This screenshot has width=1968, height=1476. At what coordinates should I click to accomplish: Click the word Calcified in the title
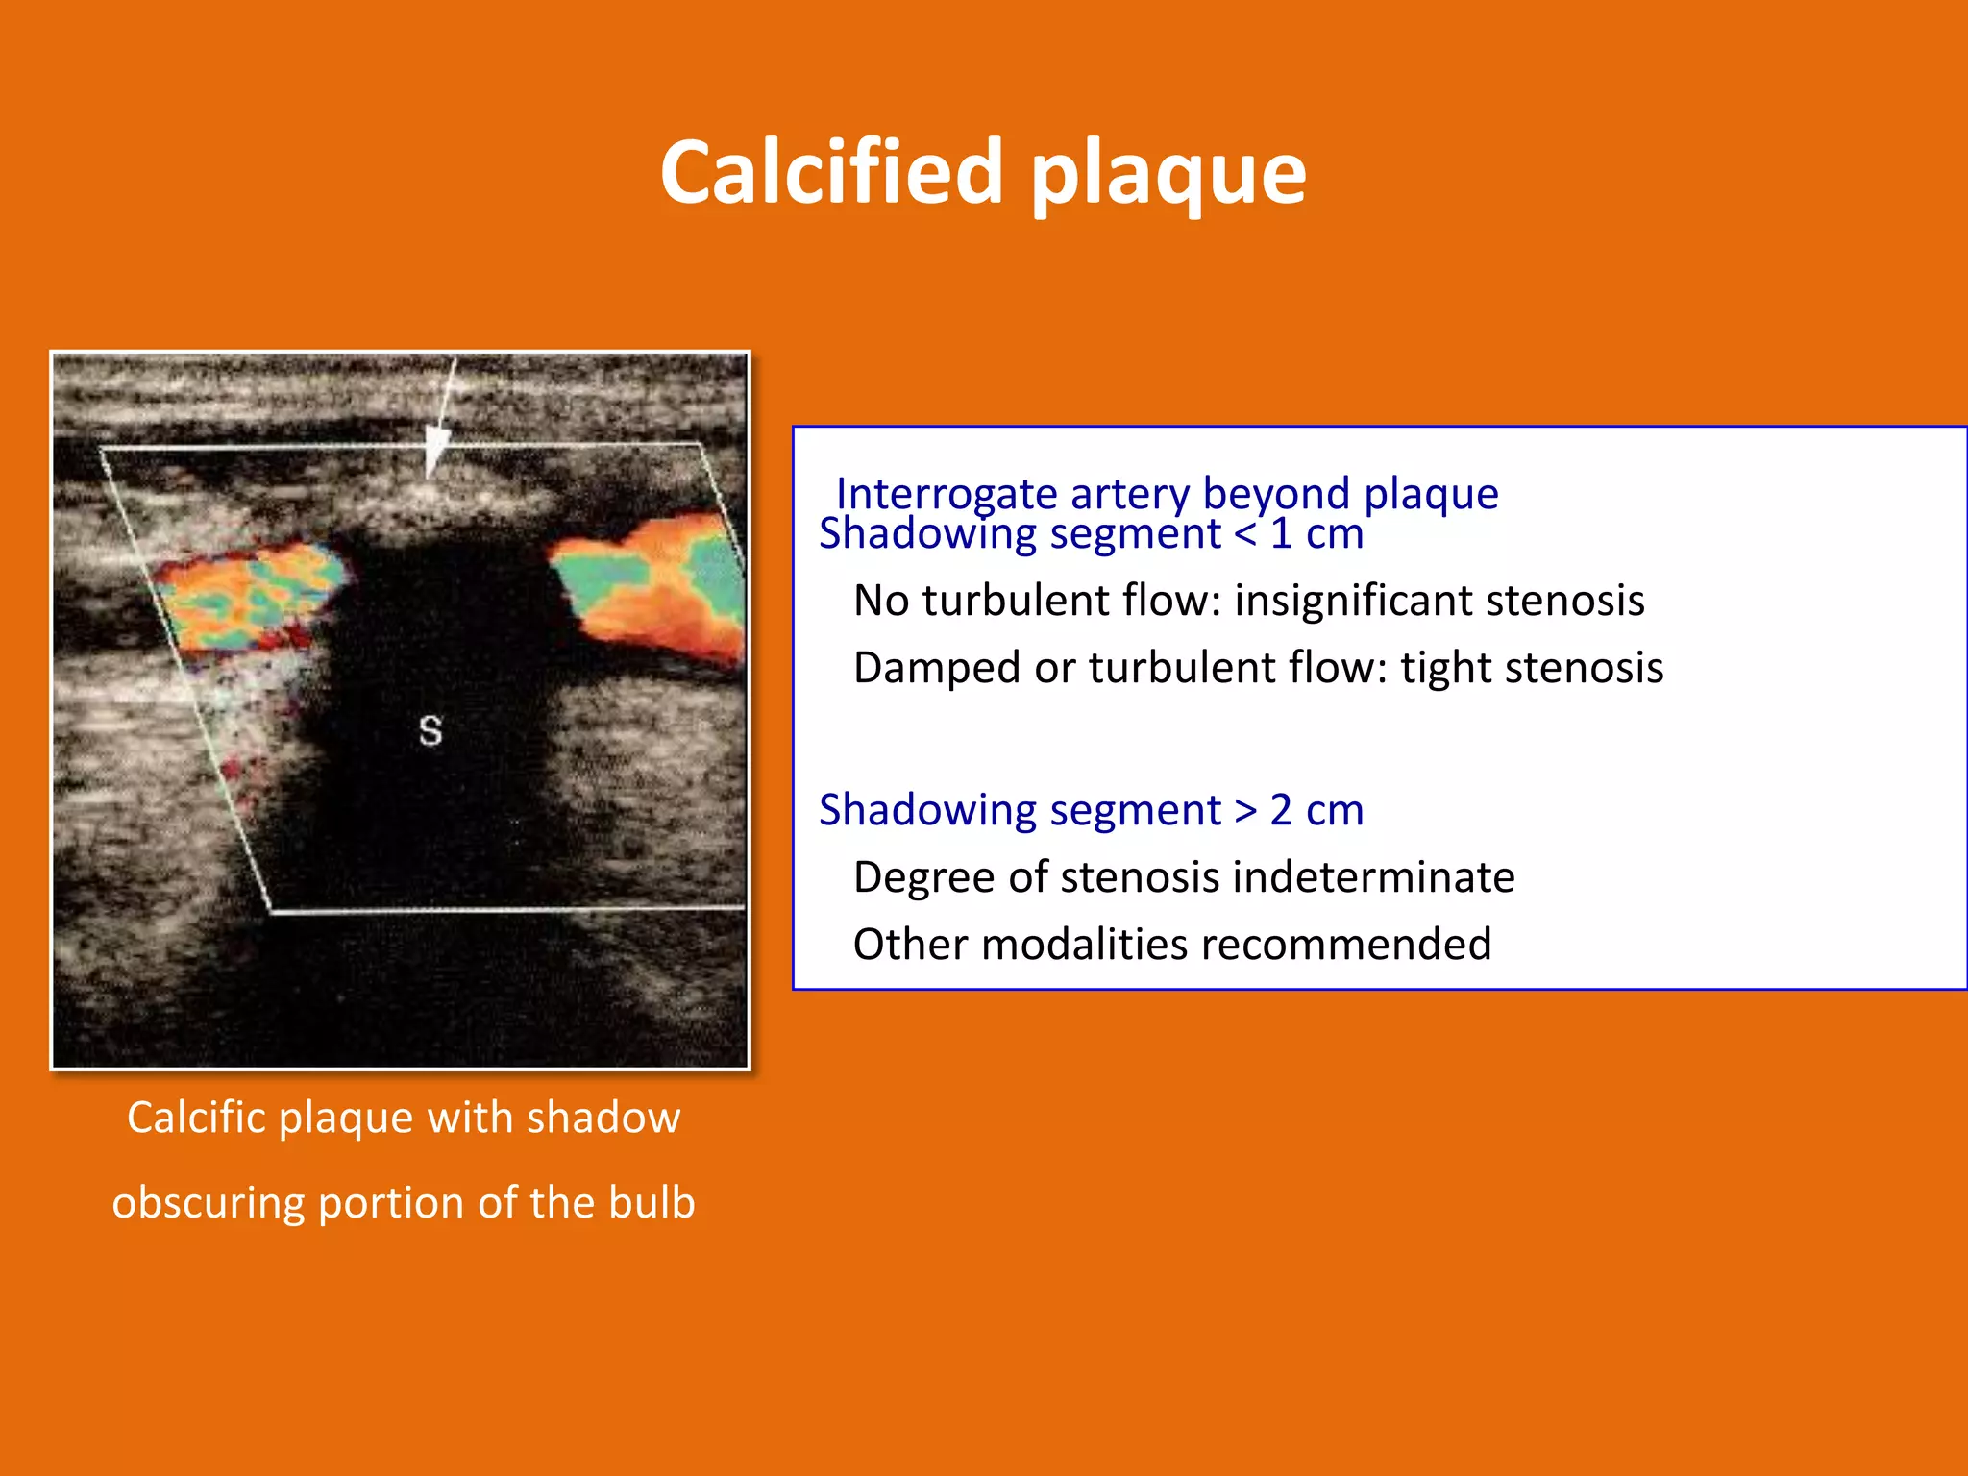pos(832,173)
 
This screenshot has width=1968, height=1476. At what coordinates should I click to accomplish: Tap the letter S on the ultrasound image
pos(430,731)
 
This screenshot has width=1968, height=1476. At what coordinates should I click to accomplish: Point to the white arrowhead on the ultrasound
pos(437,452)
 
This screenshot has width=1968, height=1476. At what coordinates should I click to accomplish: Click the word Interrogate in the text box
pos(947,495)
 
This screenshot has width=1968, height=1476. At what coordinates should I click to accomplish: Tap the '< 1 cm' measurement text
pos(1299,534)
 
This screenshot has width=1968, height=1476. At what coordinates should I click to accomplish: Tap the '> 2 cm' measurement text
pos(1299,810)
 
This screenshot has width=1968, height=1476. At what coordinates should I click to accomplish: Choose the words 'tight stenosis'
pos(1532,668)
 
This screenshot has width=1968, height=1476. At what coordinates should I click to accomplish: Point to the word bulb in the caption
pos(652,1203)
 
